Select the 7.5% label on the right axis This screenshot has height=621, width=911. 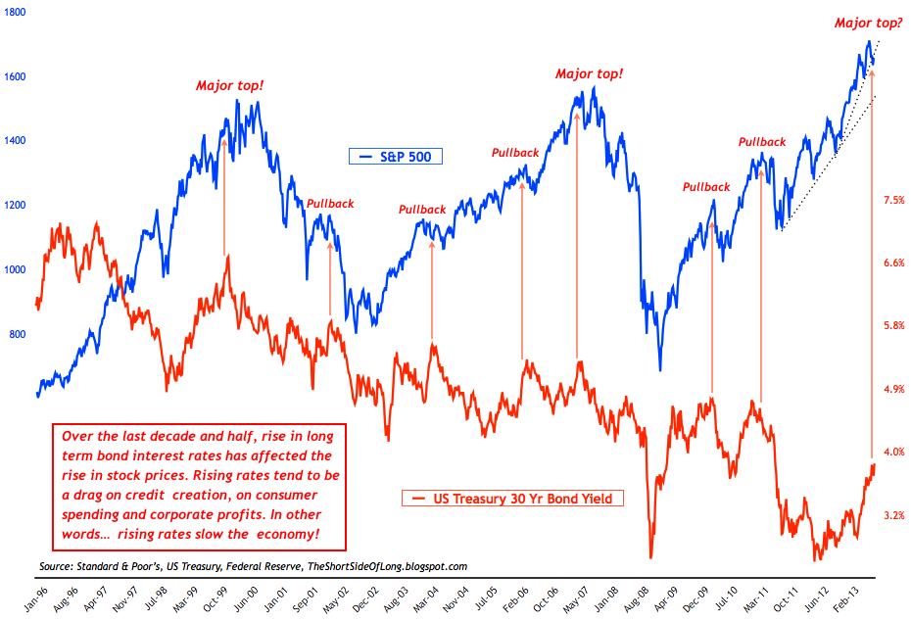point(892,200)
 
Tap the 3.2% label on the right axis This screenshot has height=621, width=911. point(892,514)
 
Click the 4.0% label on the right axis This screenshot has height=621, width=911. point(892,452)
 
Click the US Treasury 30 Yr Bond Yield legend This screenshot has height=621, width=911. point(512,499)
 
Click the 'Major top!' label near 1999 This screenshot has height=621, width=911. point(230,86)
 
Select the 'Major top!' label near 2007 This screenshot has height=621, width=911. point(589,73)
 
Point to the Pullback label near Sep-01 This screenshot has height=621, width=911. point(330,204)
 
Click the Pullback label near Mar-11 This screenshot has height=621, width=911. point(762,142)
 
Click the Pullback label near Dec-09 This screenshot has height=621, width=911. point(706,187)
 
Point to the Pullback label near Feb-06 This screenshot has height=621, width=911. point(515,153)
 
